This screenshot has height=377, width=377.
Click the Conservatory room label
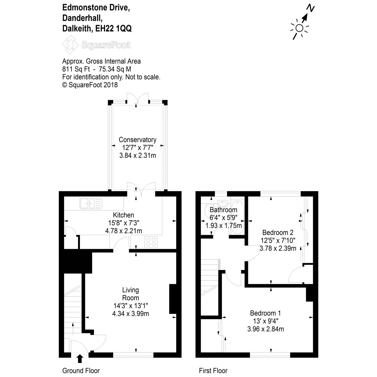click(137, 140)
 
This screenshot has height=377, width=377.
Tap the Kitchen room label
click(123, 215)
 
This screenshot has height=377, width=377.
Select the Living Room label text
click(131, 294)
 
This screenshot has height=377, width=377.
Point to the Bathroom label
click(223, 210)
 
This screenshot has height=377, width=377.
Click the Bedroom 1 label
click(265, 313)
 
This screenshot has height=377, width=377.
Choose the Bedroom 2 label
click(278, 233)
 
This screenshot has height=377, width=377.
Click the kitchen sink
click(91, 203)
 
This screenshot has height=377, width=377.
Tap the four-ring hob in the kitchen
click(151, 242)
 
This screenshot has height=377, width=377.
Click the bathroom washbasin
click(223, 204)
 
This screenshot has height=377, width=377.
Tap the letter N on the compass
click(311, 9)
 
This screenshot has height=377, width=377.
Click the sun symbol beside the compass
click(299, 28)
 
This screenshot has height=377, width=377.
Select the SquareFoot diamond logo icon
click(70, 45)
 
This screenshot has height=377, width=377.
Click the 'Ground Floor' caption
click(81, 371)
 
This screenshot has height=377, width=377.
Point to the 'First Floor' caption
click(213, 371)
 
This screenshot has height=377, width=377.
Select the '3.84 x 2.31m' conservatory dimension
click(137, 155)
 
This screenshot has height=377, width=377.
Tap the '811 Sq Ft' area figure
click(75, 69)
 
